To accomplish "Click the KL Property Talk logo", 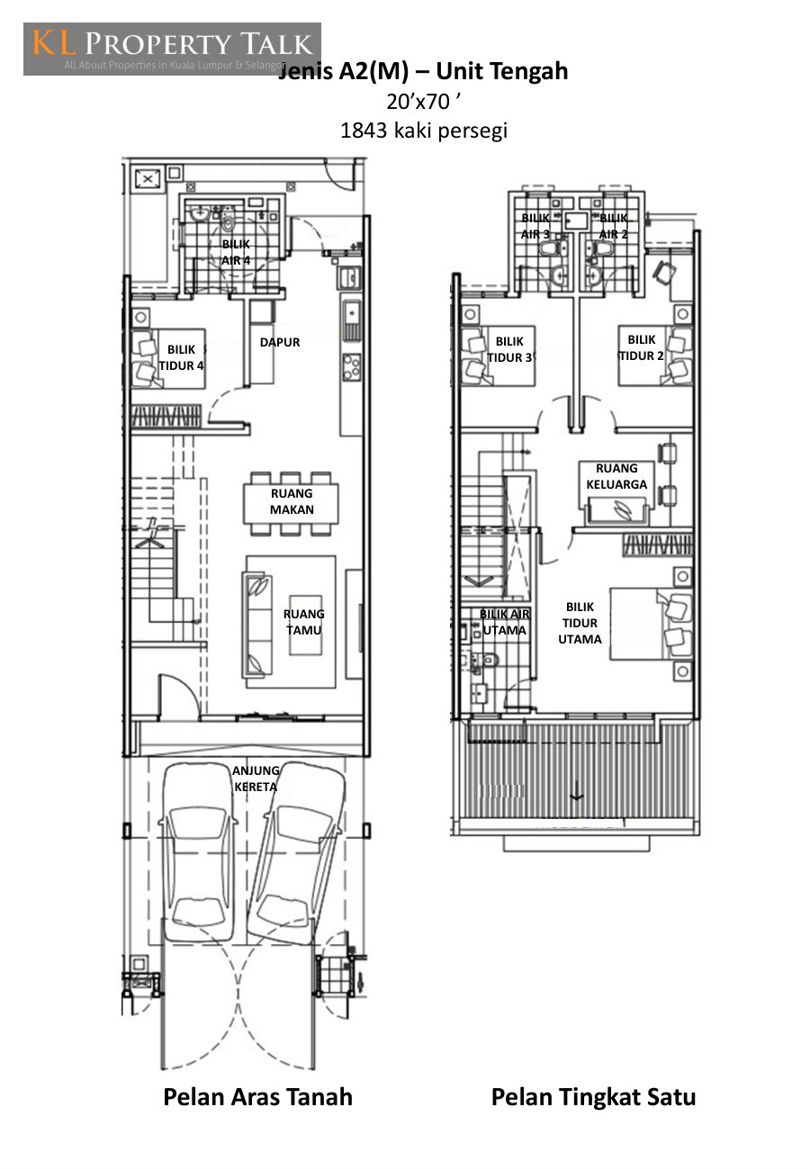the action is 172,49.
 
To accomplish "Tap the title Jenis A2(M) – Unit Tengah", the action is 423,71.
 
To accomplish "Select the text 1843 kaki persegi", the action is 424,130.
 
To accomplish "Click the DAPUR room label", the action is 280,342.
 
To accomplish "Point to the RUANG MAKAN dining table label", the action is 292,501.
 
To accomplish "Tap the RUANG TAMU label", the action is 303,622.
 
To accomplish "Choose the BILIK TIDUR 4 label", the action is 181,357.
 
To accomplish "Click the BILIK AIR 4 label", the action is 236,252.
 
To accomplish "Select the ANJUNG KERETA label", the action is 256,778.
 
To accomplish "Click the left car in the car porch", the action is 197,852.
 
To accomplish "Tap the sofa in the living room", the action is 256,625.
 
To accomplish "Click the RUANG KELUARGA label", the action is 616,476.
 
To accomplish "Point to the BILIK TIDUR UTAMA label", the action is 580,623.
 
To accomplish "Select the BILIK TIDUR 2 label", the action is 641,348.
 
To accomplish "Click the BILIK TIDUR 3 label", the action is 509,349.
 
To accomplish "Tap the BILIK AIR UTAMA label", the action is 504,622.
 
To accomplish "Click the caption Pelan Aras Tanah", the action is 258,1096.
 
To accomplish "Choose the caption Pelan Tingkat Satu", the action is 593,1096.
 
